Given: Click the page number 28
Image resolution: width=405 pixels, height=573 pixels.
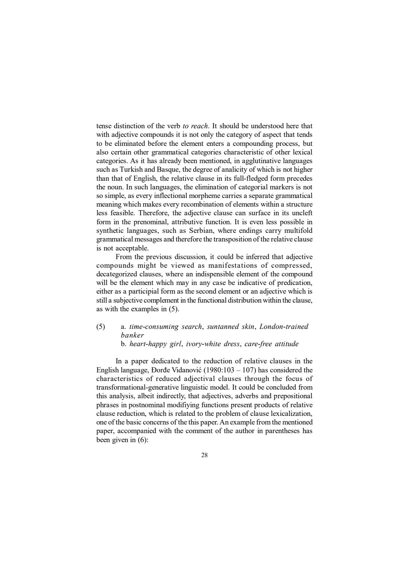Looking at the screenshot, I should pos(204,455).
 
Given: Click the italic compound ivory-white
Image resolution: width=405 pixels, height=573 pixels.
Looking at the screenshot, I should pos(205,344).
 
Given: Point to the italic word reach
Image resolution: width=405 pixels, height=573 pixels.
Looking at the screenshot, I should pos(199,126).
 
